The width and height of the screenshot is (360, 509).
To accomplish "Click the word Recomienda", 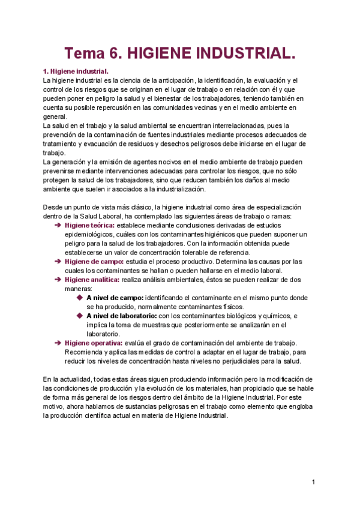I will [85, 352].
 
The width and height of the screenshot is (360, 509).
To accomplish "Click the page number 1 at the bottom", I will [313, 482].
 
